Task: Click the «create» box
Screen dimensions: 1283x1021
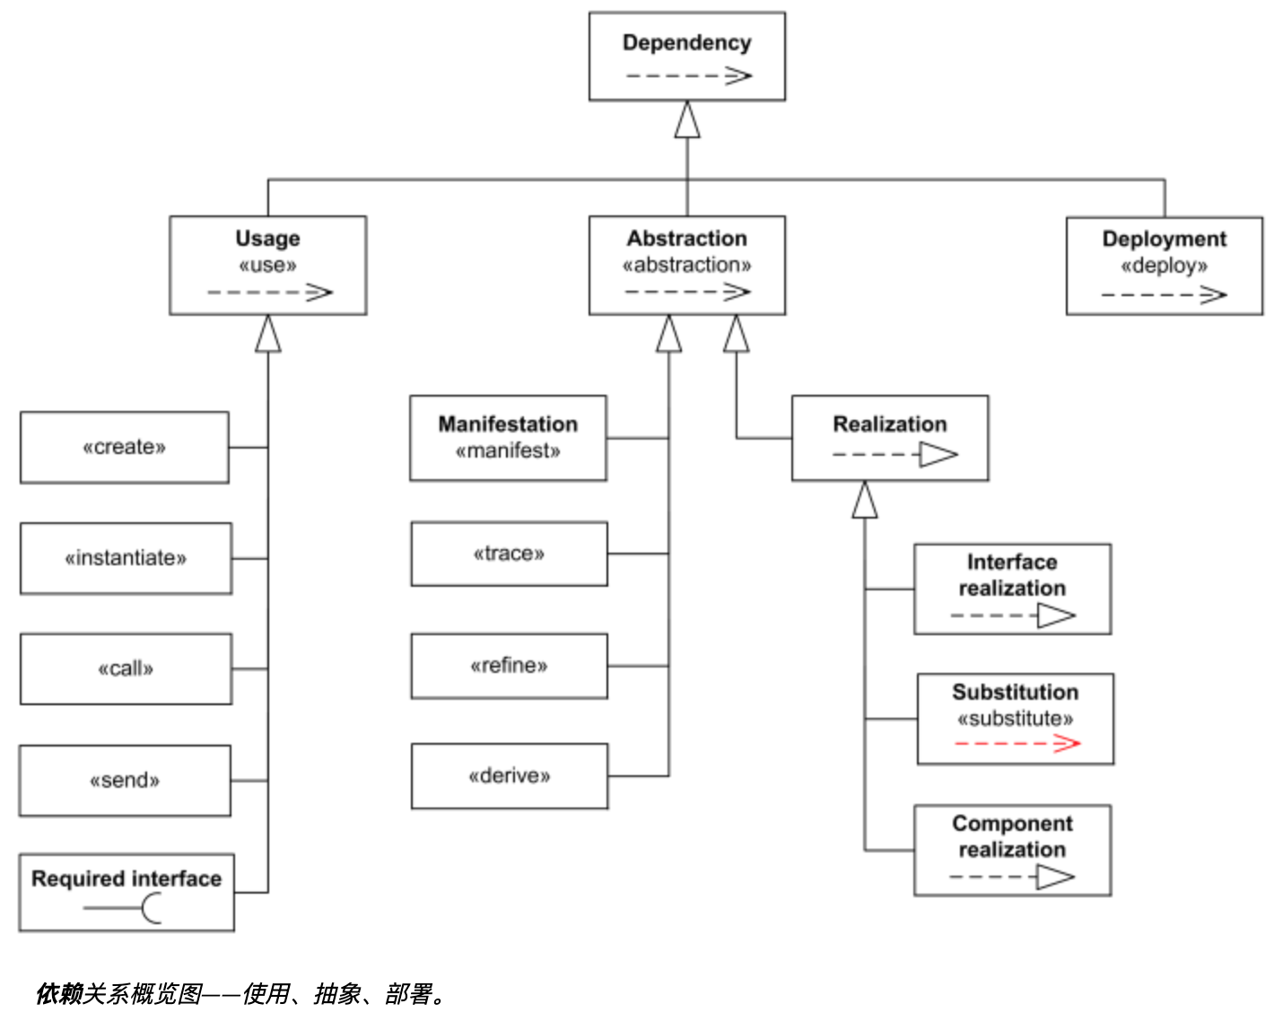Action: [125, 448]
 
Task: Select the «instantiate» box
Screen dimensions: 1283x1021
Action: [126, 559]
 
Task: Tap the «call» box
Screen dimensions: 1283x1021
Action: [126, 669]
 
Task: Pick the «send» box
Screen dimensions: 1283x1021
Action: [126, 781]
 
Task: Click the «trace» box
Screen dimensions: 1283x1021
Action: [509, 554]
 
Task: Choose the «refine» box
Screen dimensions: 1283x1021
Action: [509, 666]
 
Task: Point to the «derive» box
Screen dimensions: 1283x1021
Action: [510, 776]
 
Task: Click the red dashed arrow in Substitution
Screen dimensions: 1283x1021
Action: [1017, 744]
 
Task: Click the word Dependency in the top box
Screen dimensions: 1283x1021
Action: [687, 43]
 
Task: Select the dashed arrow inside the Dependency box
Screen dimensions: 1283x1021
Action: [688, 75]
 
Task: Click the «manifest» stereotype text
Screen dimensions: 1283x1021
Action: [508, 451]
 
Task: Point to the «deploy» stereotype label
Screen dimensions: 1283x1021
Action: [1165, 266]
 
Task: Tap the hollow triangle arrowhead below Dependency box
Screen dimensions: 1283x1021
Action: [687, 119]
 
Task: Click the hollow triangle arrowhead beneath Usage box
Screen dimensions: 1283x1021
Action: [268, 334]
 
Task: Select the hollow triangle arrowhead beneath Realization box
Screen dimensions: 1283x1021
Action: [865, 499]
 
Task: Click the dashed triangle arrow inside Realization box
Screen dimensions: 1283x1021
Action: [895, 455]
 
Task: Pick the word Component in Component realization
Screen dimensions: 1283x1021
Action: [1012, 824]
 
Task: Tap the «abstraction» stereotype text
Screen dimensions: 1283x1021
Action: [687, 265]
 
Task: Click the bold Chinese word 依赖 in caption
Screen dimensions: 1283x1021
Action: [58, 994]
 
